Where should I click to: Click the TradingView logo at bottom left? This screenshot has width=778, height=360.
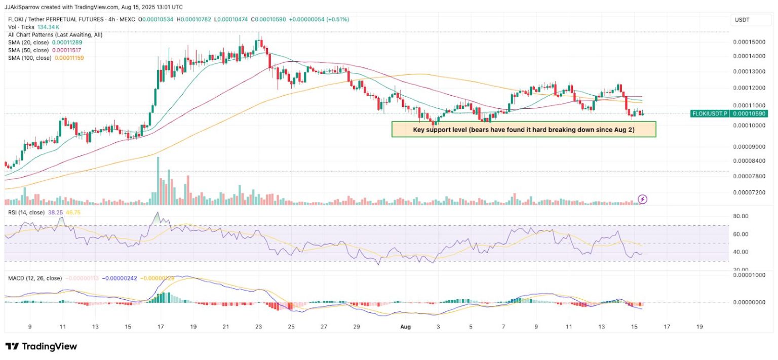[41, 346]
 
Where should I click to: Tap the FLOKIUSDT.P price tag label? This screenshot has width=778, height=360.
[710, 114]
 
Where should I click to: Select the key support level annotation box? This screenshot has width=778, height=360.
[524, 130]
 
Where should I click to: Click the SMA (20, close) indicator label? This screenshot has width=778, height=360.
[29, 43]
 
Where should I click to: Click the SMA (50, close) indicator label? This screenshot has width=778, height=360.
[29, 50]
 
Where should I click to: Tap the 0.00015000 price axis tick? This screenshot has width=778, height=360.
[749, 42]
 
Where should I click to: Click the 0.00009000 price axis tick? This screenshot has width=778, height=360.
[749, 147]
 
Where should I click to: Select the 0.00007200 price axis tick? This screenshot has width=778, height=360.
[749, 193]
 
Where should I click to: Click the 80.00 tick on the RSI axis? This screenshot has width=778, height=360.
[741, 216]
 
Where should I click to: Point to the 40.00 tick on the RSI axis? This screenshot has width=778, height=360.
[741, 252]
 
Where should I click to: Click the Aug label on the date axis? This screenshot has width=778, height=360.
[405, 327]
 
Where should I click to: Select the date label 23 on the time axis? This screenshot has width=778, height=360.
[258, 327]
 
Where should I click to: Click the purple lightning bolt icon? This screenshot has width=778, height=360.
[642, 199]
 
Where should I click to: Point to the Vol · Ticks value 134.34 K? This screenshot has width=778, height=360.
[49, 27]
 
